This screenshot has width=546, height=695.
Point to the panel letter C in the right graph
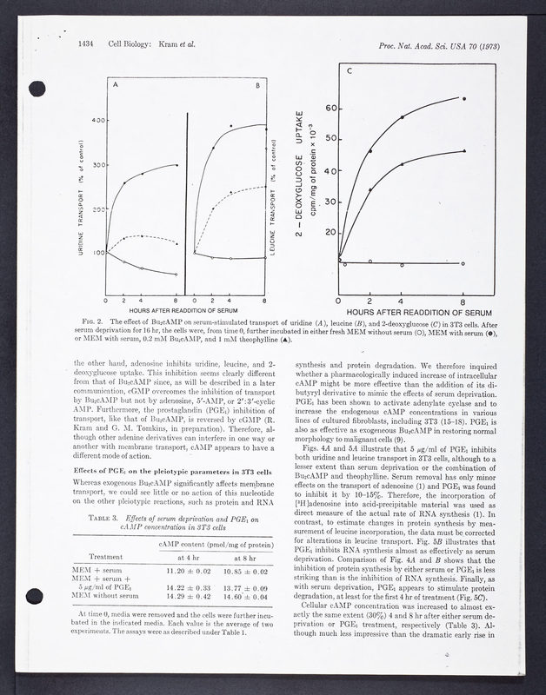coord(350,70)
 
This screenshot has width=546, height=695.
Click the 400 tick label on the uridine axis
coord(100,120)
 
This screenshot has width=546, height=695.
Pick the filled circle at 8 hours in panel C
coord(463,99)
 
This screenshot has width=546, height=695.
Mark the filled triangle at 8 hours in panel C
coord(463,151)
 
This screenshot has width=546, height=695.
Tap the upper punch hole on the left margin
coord(36,88)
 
